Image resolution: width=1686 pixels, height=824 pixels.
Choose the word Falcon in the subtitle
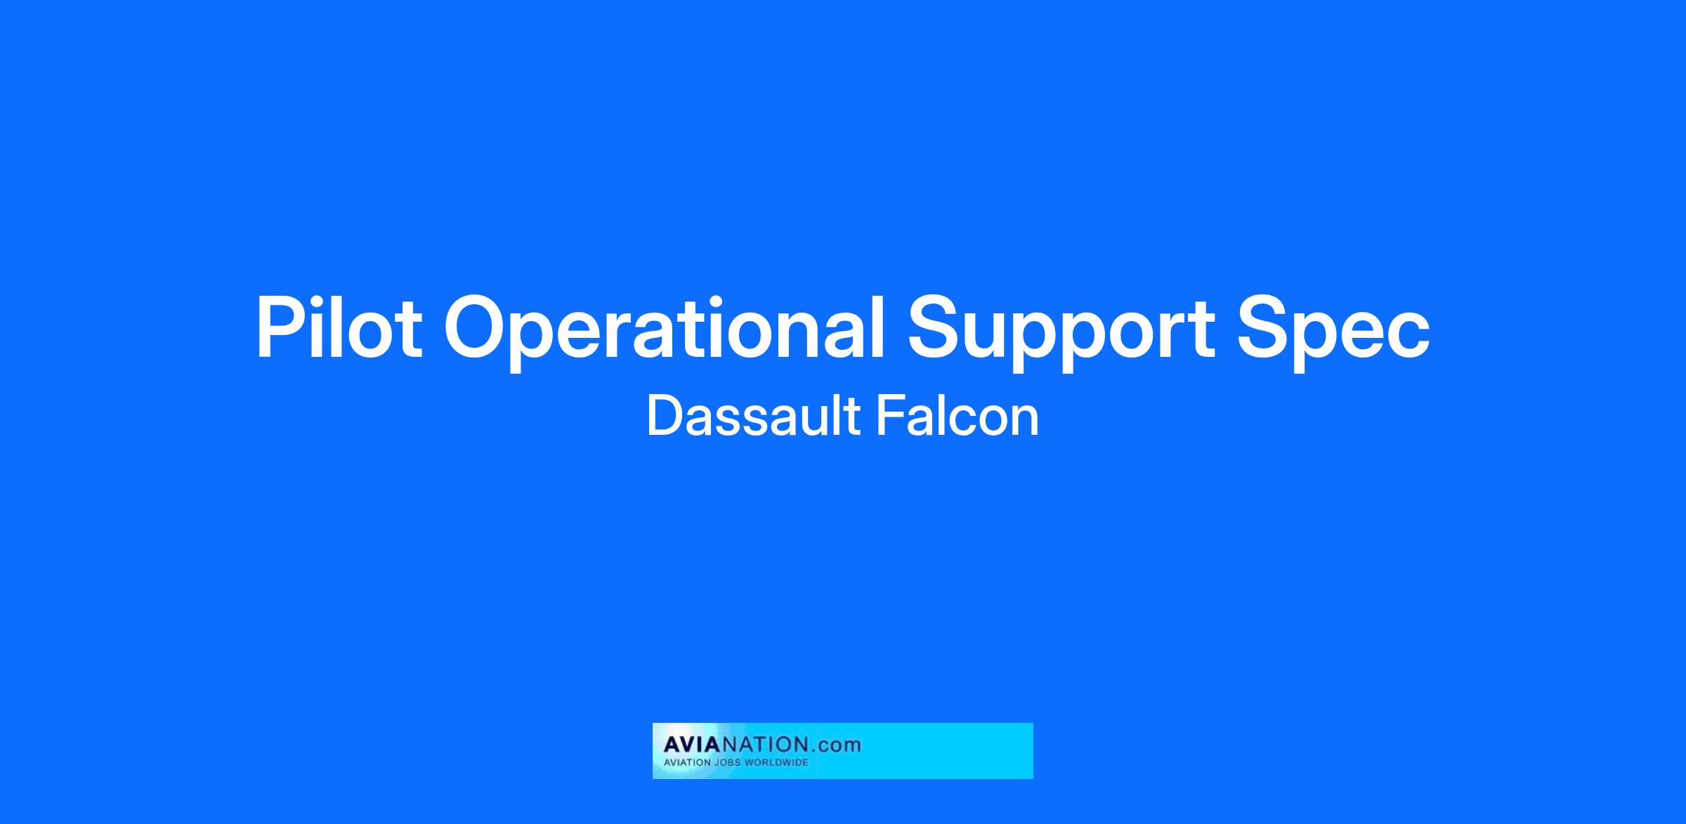pyautogui.click(x=957, y=416)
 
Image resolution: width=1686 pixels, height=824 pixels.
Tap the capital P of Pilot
pyautogui.click(x=281, y=328)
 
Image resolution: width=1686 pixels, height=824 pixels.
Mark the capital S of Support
pyautogui.click(x=934, y=328)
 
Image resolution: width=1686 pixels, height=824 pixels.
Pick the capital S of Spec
pyautogui.click(x=1263, y=328)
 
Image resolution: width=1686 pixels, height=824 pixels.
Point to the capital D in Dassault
pyautogui.click(x=664, y=416)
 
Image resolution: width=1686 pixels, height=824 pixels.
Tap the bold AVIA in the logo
pyautogui.click(x=691, y=744)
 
